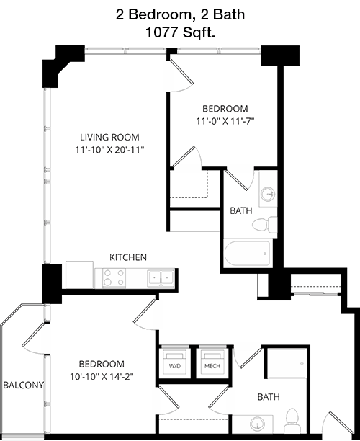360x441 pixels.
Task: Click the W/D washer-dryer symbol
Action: coord(174,362)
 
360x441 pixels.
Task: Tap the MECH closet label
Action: coord(212,366)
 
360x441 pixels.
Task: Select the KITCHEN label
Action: coord(128,257)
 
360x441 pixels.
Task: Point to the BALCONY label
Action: coord(23,385)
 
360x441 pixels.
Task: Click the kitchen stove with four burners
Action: coord(114,278)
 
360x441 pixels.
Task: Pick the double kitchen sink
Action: coord(160,278)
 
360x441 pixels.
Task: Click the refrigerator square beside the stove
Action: coord(79,275)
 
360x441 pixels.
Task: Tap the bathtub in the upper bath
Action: coord(247,253)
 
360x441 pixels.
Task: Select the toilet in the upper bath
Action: coord(265,225)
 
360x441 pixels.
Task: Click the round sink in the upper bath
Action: coord(268,194)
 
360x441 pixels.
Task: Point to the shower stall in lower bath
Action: coord(287,364)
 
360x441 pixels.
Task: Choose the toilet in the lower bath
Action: coord(292,421)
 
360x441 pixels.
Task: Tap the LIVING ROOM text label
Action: coord(109,137)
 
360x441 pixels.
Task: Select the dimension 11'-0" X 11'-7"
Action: coord(225,121)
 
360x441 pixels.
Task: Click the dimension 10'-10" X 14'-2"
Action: coord(102,376)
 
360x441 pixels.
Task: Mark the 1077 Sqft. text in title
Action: coord(180,32)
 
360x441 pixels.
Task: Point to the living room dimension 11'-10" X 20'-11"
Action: coord(109,150)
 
